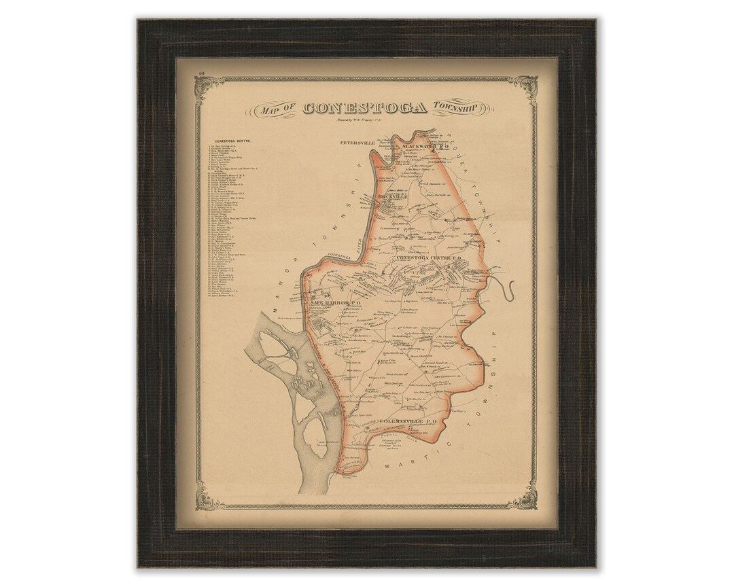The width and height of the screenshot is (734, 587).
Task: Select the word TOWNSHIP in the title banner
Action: point(456,109)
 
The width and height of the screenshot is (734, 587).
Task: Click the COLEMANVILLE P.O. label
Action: point(402,422)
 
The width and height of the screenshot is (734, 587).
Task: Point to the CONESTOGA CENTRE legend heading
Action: point(233,140)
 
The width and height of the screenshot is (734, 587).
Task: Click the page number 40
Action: point(202,72)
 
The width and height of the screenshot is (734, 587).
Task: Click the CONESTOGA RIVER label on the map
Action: point(347,255)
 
